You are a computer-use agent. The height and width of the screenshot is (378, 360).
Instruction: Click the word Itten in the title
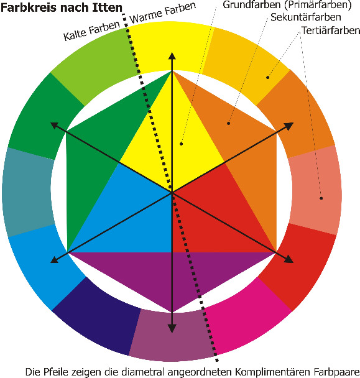(108, 8)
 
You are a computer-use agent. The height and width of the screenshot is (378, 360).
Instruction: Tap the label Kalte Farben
(91, 31)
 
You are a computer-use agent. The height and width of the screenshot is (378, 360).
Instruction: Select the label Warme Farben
(163, 13)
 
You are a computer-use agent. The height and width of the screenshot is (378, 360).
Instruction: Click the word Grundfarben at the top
(252, 5)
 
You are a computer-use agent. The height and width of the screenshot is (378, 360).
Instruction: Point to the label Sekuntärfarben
(306, 17)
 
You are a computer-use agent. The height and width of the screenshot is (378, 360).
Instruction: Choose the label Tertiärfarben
(331, 30)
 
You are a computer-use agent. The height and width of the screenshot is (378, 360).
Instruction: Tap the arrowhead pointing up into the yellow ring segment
(172, 56)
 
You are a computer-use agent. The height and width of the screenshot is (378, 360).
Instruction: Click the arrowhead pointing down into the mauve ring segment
(172, 329)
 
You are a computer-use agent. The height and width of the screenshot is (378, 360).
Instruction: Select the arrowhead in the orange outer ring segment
(289, 126)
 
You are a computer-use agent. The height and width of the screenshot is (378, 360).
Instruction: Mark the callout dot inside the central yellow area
(182, 144)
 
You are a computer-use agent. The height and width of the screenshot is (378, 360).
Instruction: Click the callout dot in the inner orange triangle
(229, 124)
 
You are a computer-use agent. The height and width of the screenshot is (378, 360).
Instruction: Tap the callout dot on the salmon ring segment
(321, 198)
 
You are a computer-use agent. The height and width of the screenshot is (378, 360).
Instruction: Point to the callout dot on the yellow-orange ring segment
(267, 77)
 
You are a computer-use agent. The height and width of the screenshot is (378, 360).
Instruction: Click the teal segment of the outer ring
(28, 192)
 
